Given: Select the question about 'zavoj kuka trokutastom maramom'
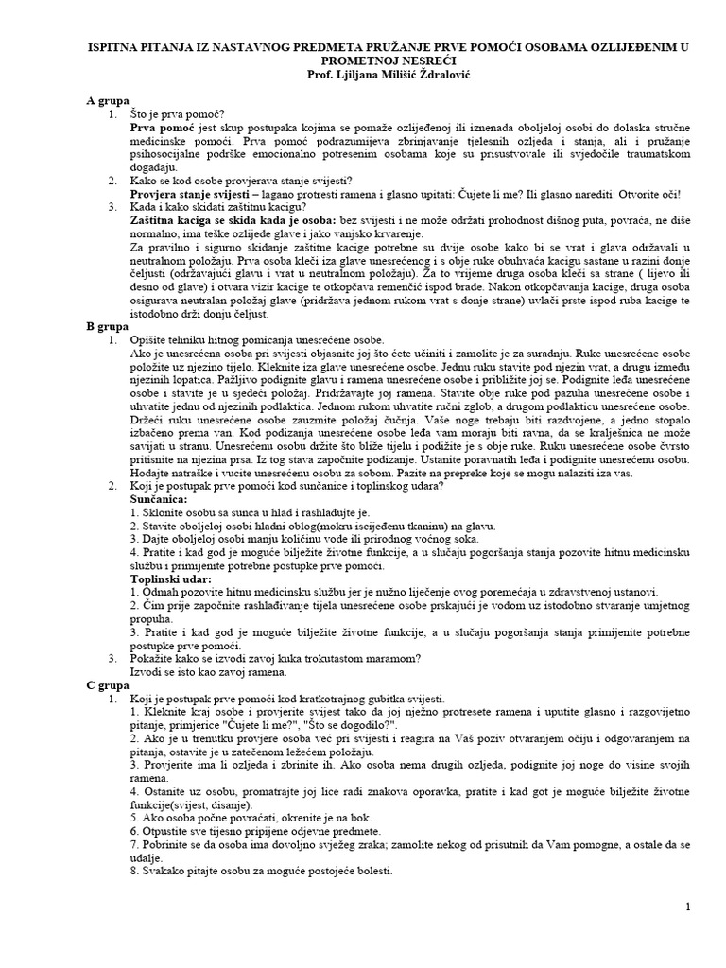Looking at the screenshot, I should (275, 658).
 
